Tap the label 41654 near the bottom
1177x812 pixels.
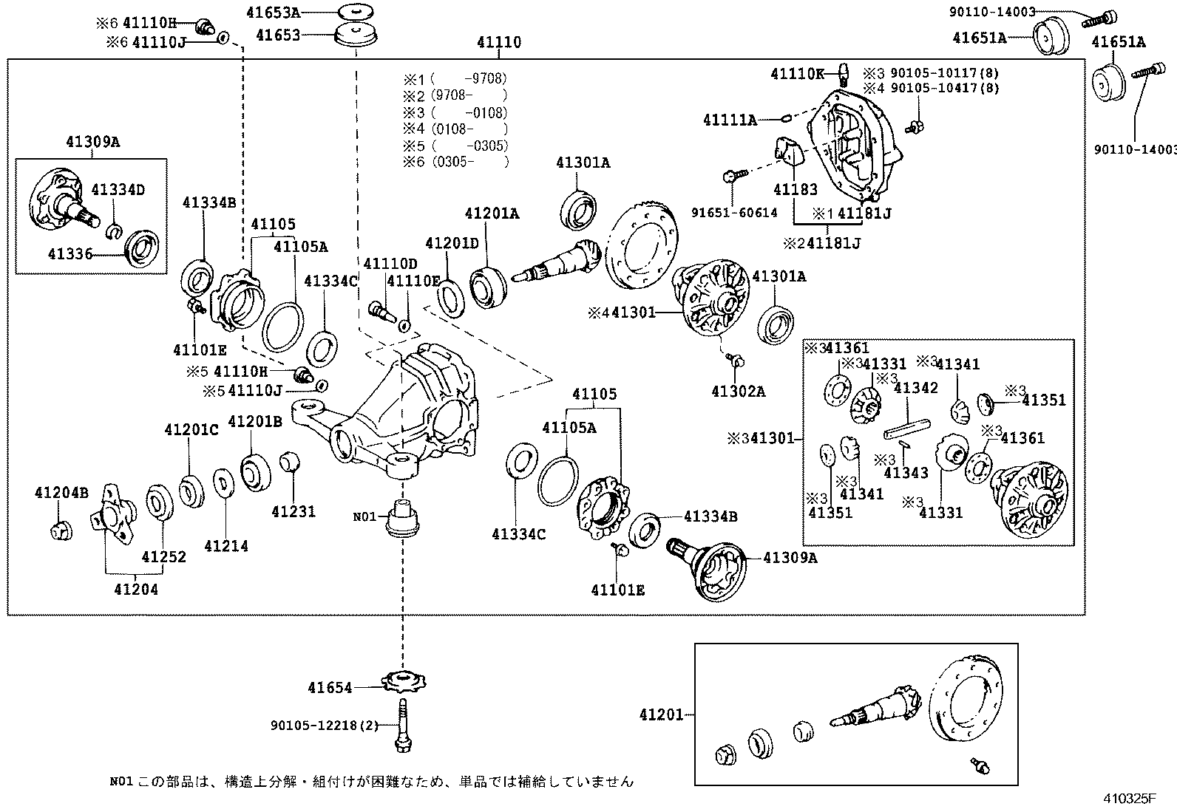coord(330,688)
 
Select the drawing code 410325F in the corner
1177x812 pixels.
coord(1129,799)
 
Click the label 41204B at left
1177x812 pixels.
coord(61,492)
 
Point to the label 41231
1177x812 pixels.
coord(293,511)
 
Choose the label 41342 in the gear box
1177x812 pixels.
coord(915,388)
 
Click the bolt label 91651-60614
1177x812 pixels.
coord(734,213)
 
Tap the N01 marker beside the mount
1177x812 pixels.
coord(364,516)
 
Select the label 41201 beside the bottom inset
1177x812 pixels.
coord(662,714)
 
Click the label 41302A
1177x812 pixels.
coord(738,392)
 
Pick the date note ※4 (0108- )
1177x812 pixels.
coord(455,129)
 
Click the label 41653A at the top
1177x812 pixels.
coord(278,13)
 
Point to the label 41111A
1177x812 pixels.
coord(730,120)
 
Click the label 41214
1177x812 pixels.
coord(226,546)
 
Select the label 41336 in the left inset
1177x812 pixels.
coord(70,254)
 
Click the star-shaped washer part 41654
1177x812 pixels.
coord(404,680)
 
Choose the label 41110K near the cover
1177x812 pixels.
coord(797,73)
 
